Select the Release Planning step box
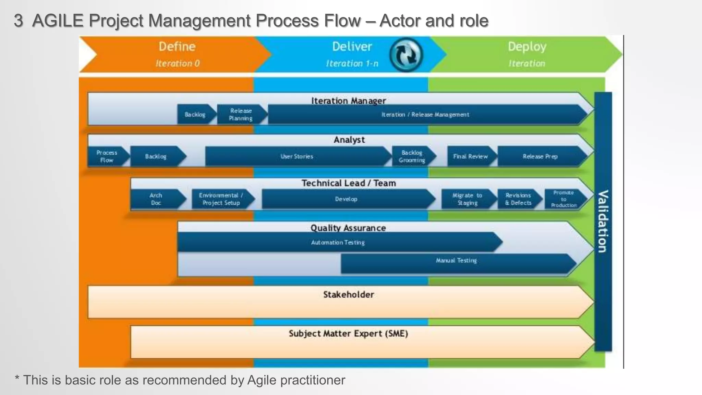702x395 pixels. click(x=241, y=115)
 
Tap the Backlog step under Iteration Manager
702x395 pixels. click(x=195, y=115)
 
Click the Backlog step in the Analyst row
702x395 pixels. click(x=156, y=156)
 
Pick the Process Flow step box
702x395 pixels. click(x=107, y=156)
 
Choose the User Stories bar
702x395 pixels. click(x=297, y=156)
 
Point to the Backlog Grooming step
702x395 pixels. click(x=412, y=156)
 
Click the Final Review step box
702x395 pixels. click(x=470, y=156)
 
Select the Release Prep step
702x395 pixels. click(x=540, y=156)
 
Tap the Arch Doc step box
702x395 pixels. click(x=156, y=199)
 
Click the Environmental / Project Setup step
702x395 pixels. click(x=221, y=199)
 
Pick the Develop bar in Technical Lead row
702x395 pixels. click(x=346, y=199)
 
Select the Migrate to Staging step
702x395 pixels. click(x=468, y=199)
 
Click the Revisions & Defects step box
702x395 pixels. click(x=518, y=199)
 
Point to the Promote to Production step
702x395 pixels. click(x=564, y=199)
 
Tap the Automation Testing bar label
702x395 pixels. click(x=338, y=242)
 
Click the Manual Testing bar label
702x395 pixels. click(x=456, y=261)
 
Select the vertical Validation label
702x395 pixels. click(x=603, y=221)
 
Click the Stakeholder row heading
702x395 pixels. click(x=349, y=295)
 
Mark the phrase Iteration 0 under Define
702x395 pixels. click(x=178, y=63)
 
